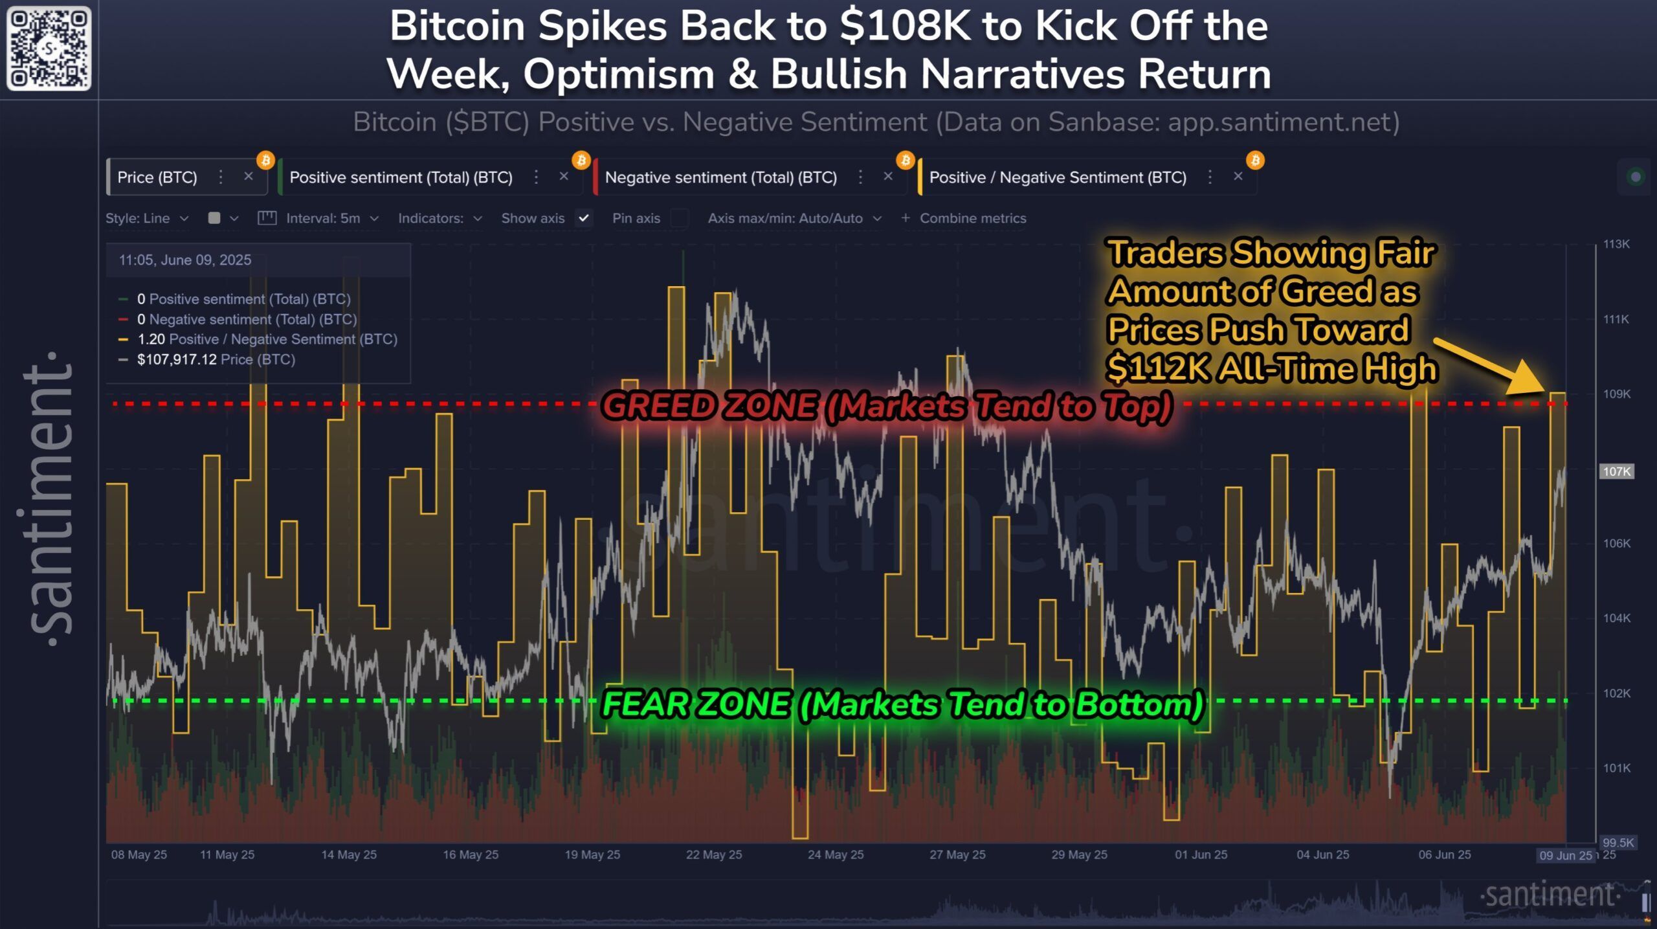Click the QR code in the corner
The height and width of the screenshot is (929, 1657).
pos(49,49)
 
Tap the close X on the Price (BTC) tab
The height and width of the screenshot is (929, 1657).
pos(249,176)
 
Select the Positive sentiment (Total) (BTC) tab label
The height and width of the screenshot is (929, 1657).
pos(401,177)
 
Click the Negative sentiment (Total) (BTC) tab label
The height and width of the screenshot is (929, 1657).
pos(720,177)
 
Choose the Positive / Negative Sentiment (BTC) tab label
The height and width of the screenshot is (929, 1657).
pos(1058,177)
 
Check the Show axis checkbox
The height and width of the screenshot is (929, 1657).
pos(584,218)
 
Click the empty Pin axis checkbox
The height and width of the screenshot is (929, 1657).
pos(679,218)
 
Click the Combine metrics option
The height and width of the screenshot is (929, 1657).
pos(972,218)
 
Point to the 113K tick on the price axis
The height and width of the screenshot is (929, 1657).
pos(1616,244)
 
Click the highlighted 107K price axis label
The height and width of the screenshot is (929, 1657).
pos(1616,471)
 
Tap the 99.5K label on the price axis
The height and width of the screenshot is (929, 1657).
pos(1618,842)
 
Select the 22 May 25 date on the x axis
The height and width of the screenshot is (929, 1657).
pos(714,855)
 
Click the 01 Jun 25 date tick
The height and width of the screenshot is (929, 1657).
pos(1201,855)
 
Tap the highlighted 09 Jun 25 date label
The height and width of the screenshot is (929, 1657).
pos(1565,855)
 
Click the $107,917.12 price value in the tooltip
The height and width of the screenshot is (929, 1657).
pos(177,359)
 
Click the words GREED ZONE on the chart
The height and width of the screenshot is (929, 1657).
pos(709,406)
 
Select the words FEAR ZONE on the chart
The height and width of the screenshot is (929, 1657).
pos(696,704)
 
